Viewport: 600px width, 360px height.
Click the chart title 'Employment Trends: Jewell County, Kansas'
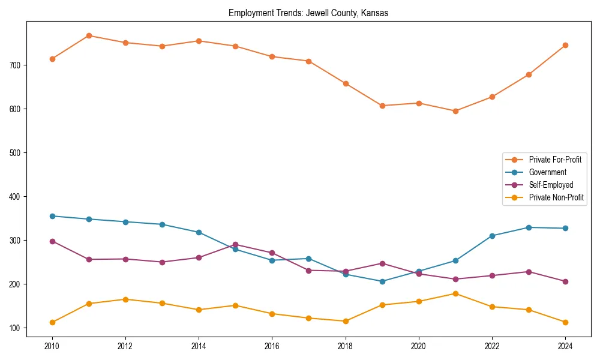[x=308, y=13]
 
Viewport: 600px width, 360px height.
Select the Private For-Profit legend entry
[x=554, y=160]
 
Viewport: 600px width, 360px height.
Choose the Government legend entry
[x=547, y=172]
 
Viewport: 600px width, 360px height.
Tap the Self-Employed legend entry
[x=551, y=185]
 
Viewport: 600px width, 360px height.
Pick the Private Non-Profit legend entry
[x=556, y=197]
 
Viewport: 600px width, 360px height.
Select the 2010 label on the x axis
[x=52, y=346]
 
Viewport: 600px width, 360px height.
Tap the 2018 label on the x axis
[x=346, y=346]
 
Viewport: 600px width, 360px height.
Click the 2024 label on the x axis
[x=565, y=346]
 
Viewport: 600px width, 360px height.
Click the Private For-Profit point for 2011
[x=89, y=35]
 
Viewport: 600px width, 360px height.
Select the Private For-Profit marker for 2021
[x=455, y=111]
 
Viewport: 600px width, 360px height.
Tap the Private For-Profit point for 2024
[x=565, y=45]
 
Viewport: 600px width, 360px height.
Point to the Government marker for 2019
[x=382, y=281]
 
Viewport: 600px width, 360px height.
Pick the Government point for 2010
[x=52, y=216]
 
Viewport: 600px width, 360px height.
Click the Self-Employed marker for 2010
[x=52, y=241]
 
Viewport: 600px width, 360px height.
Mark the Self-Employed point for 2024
[x=565, y=281]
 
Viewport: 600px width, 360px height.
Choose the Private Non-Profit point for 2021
[x=455, y=293]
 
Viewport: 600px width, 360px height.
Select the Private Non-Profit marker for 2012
[x=125, y=299]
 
